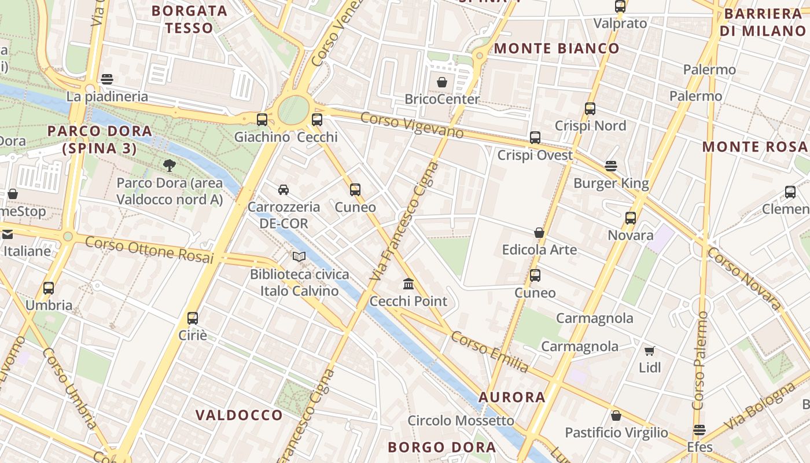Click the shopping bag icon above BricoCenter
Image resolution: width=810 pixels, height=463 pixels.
pyautogui.click(x=442, y=82)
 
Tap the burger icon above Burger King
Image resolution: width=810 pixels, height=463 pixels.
pyautogui.click(x=611, y=166)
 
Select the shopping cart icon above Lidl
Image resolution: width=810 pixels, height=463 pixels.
pyautogui.click(x=650, y=351)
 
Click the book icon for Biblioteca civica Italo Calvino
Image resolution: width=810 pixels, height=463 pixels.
pyautogui.click(x=299, y=256)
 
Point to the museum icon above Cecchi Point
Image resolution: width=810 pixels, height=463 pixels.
pyautogui.click(x=408, y=284)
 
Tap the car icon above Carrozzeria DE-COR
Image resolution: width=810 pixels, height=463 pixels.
pyautogui.click(x=283, y=189)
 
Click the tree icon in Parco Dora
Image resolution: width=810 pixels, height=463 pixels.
pyautogui.click(x=169, y=166)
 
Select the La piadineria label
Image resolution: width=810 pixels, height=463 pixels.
pyautogui.click(x=107, y=97)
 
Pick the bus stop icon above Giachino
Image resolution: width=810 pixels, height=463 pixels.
pyautogui.click(x=262, y=120)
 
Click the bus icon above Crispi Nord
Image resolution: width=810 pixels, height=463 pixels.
pyautogui.click(x=590, y=108)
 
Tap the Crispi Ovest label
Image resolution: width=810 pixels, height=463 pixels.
pyautogui.click(x=535, y=155)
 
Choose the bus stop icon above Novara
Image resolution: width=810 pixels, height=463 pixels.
pyautogui.click(x=631, y=218)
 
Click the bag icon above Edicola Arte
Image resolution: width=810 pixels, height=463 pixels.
pyautogui.click(x=539, y=233)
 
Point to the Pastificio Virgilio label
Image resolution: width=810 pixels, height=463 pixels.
pyautogui.click(x=616, y=433)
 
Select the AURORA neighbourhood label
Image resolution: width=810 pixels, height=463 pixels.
pyautogui.click(x=512, y=397)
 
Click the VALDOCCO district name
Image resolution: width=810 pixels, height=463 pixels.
pyautogui.click(x=239, y=415)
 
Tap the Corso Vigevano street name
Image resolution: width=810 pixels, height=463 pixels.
pyautogui.click(x=411, y=125)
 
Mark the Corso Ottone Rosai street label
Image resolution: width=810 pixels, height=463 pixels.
pyautogui.click(x=149, y=250)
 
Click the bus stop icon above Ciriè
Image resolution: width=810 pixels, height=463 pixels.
pyautogui.click(x=193, y=318)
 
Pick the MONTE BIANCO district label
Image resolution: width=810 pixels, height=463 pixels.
pyautogui.click(x=556, y=49)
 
